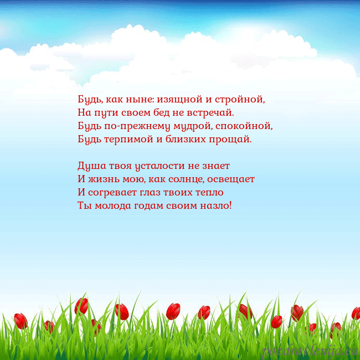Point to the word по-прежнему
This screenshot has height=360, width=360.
click(137, 126)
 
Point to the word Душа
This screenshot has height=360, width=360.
click(89, 166)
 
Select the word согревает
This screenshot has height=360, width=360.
click(116, 193)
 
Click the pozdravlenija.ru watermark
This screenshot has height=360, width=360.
click(310, 351)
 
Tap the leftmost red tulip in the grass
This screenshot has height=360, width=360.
click(20, 320)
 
